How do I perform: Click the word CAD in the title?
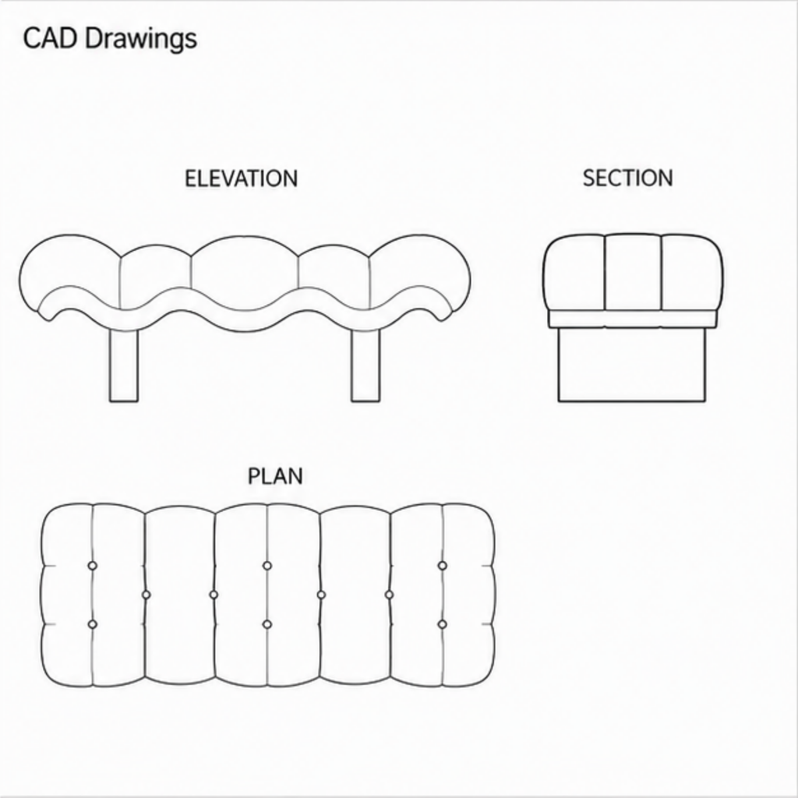pyautogui.click(x=49, y=38)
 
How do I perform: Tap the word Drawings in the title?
pyautogui.click(x=141, y=40)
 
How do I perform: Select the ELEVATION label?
pyautogui.click(x=242, y=178)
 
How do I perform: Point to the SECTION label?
pyautogui.click(x=627, y=178)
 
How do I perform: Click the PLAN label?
pyautogui.click(x=275, y=476)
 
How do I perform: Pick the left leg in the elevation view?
pyautogui.click(x=124, y=365)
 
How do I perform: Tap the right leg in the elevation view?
pyautogui.click(x=365, y=365)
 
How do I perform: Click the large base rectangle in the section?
pyautogui.click(x=632, y=365)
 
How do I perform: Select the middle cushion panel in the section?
pyautogui.click(x=633, y=272)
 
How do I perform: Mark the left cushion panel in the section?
pyautogui.click(x=574, y=274)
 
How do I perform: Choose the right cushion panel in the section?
pyautogui.click(x=692, y=274)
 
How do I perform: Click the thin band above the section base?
pyautogui.click(x=632, y=319)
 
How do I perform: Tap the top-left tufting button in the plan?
pyautogui.click(x=92, y=566)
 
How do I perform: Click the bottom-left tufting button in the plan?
pyautogui.click(x=92, y=624)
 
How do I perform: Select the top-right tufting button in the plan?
pyautogui.click(x=443, y=566)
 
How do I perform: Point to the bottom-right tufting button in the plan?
pyautogui.click(x=443, y=624)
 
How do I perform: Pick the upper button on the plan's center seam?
pyautogui.click(x=267, y=566)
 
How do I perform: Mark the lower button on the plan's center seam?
pyautogui.click(x=267, y=624)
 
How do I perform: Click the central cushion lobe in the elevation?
pyautogui.click(x=245, y=265)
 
